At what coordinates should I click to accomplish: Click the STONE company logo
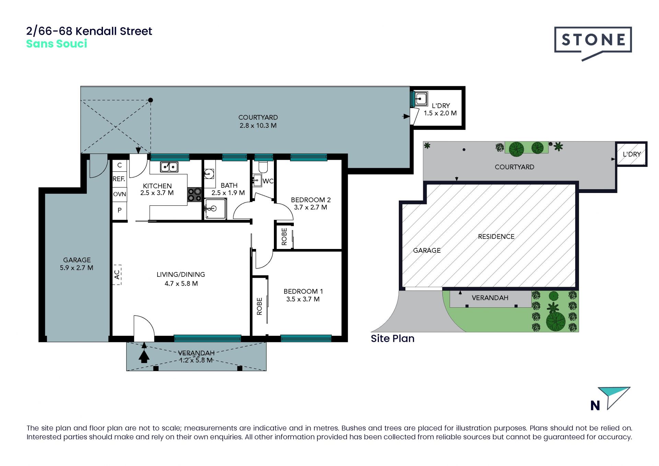593,43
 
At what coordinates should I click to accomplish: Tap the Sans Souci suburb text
57,44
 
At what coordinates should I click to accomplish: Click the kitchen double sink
169,167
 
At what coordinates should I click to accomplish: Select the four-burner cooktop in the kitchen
194,195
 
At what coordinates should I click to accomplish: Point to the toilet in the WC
263,167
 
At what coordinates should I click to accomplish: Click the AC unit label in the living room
117,275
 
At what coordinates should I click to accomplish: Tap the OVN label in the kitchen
119,194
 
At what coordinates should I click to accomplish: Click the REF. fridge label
119,179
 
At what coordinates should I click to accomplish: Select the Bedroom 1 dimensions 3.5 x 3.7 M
303,299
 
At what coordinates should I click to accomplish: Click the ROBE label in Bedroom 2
284,237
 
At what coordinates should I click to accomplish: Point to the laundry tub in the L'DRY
420,99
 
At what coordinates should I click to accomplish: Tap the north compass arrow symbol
614,398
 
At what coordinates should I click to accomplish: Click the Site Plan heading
393,339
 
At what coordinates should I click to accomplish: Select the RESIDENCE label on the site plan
496,237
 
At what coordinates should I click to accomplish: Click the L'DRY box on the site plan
632,154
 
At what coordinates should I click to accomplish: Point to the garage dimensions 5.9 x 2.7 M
77,268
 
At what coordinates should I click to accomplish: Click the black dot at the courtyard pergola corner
150,100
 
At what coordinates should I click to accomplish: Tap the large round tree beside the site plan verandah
556,321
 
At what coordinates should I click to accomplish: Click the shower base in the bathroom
215,208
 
